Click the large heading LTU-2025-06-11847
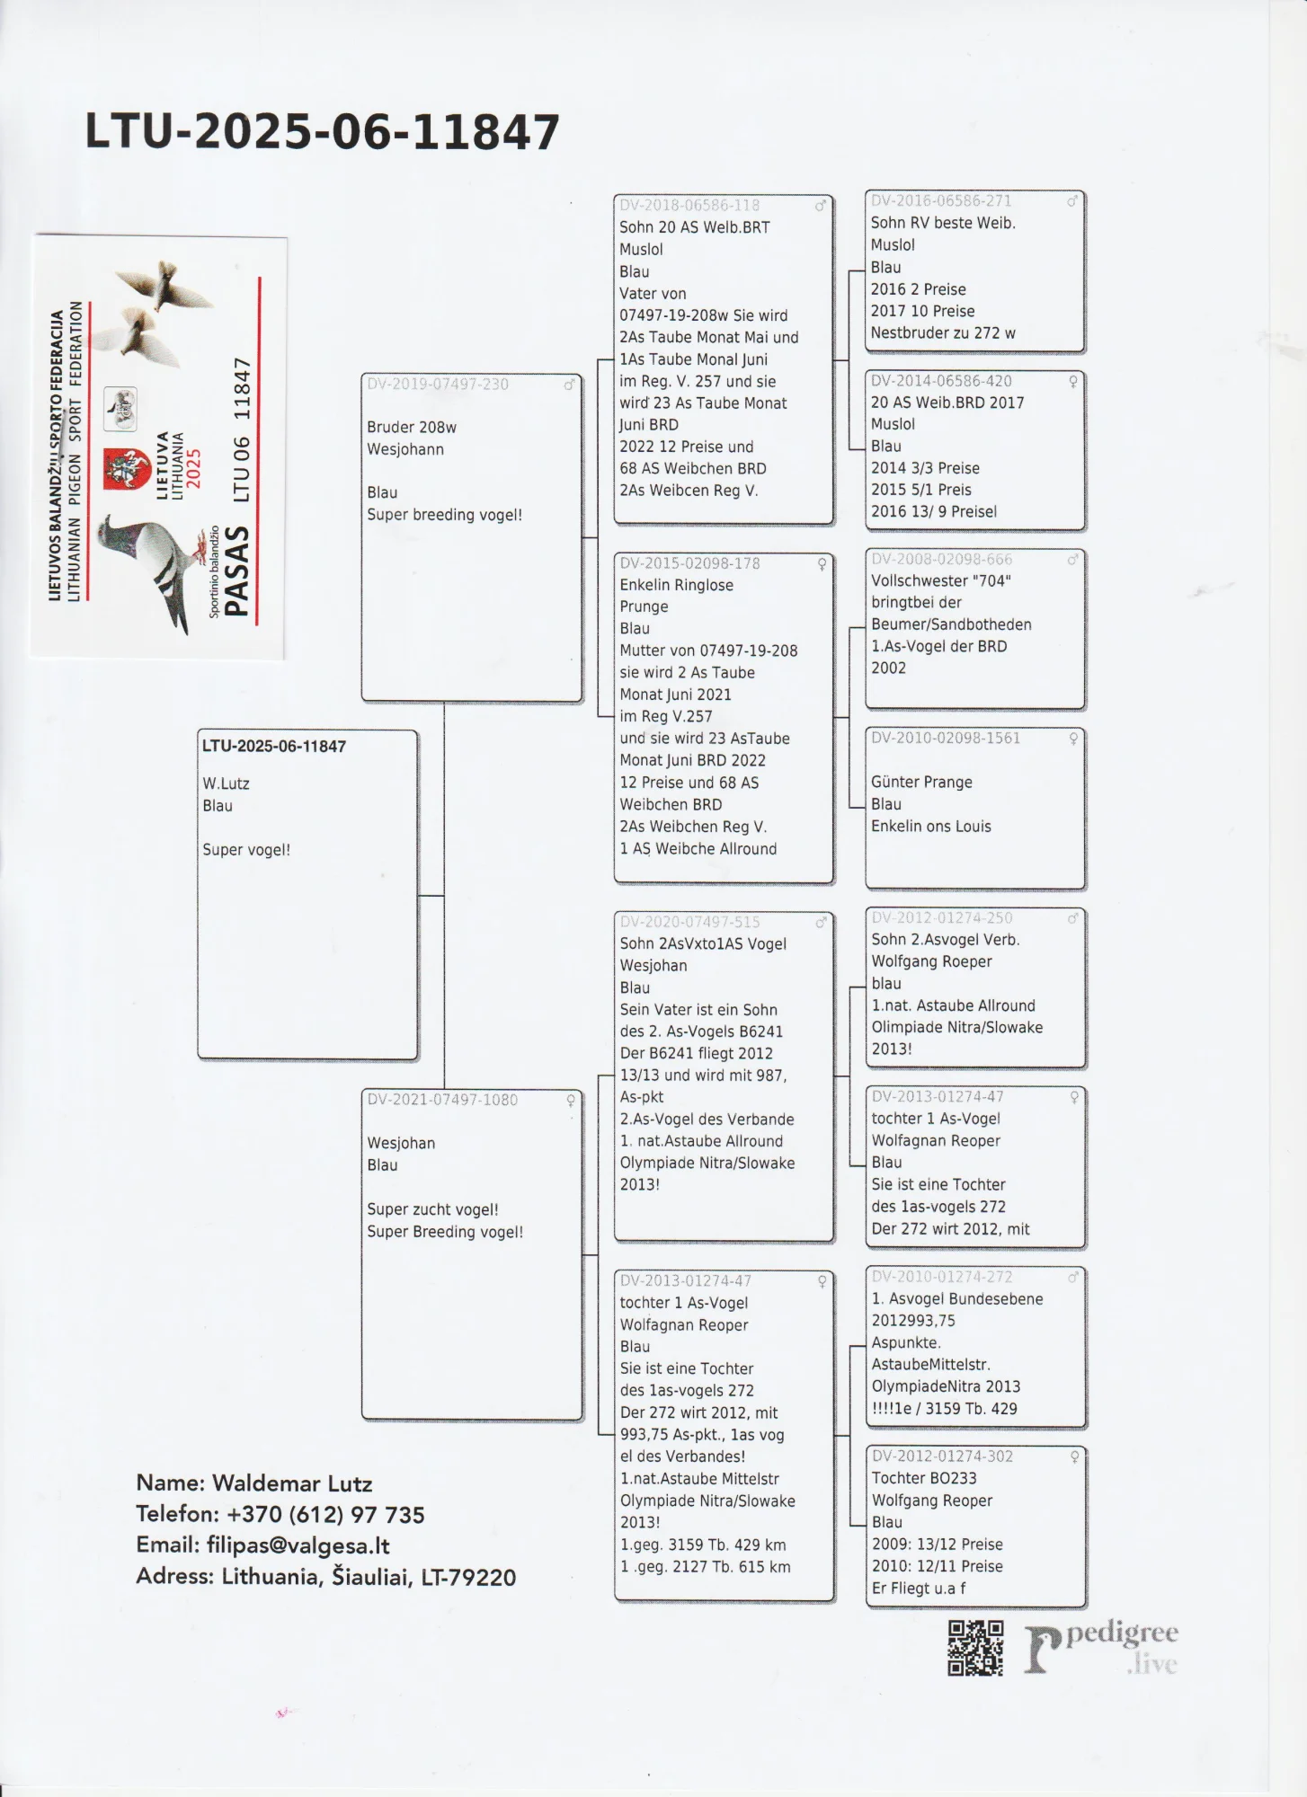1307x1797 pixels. point(322,132)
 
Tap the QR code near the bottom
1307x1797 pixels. point(975,1649)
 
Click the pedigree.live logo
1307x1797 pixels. point(1101,1649)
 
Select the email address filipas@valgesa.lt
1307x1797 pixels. point(298,1545)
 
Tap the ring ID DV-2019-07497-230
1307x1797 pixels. point(438,385)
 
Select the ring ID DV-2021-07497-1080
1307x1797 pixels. point(442,1100)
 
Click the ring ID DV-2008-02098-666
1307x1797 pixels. point(941,559)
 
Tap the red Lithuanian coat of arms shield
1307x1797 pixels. point(126,468)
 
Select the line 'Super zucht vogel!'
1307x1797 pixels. point(432,1209)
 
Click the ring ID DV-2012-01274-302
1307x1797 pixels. point(942,1456)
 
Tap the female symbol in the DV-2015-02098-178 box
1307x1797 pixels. point(822,564)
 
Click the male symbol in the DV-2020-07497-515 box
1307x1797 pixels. point(821,923)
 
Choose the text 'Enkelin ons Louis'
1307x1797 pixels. point(930,827)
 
